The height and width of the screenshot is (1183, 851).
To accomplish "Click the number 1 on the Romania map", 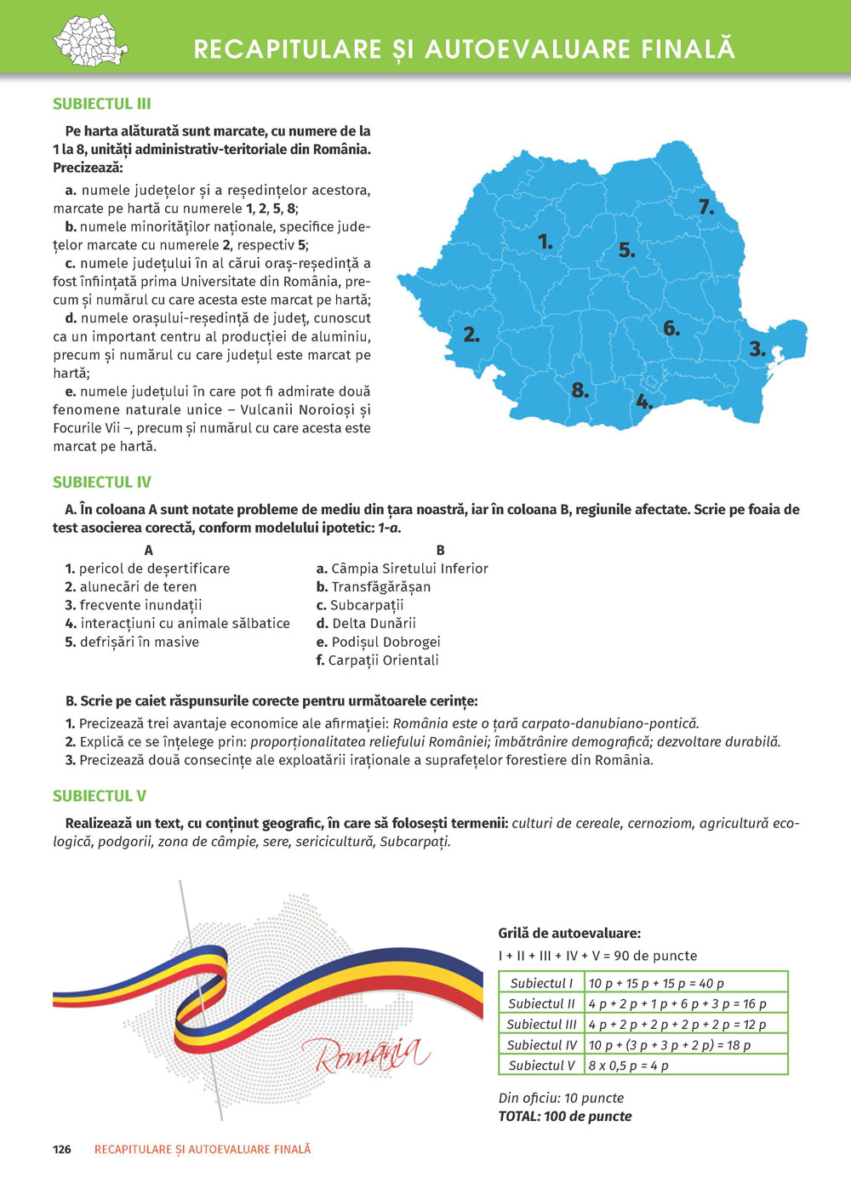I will [x=545, y=243].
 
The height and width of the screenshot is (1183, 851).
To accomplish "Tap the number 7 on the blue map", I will [x=705, y=207].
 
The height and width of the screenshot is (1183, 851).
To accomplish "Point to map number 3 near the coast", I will [x=757, y=349].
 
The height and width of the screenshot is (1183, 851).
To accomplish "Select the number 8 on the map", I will [x=580, y=391].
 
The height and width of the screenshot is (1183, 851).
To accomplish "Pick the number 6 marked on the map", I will [x=671, y=329].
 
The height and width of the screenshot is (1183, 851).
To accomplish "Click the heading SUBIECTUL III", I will [x=102, y=104].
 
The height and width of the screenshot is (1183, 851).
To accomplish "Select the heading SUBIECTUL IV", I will [x=102, y=482].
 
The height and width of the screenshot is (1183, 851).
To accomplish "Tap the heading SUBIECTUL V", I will [x=100, y=796].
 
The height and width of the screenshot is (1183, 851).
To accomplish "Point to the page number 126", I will [x=62, y=1149].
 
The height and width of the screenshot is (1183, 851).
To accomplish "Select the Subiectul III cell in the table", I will [x=541, y=1025].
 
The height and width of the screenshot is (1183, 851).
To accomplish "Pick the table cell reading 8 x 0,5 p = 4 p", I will [x=629, y=1066].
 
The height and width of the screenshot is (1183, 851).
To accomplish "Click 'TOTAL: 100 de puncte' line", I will [x=565, y=1116].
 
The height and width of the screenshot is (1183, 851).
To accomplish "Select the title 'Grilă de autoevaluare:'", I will [x=569, y=933].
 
